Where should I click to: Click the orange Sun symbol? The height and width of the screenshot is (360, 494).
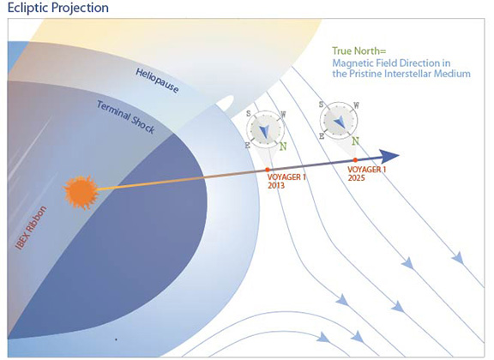coord(81,191)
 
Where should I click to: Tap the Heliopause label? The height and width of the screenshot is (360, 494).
coord(157,81)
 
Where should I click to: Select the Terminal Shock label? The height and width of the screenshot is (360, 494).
coord(125,117)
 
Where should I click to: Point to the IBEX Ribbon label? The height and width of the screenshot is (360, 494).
coord(31,227)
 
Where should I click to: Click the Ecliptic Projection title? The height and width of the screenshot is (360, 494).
coord(58,8)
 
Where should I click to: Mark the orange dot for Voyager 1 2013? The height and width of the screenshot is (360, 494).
coord(268,170)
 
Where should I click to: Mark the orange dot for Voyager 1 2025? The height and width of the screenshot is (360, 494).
coord(355,160)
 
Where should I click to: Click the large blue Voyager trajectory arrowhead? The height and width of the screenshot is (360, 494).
coord(389,156)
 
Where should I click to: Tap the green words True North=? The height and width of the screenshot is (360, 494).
coord(358,51)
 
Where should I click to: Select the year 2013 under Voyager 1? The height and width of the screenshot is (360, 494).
coord(276,185)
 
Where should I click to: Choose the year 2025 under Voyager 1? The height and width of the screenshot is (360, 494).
coord(356,178)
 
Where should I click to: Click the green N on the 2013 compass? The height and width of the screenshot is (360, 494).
coord(283,147)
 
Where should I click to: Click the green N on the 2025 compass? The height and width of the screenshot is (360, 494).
coord(355,141)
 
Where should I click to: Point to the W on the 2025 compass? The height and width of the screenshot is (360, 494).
coord(356,105)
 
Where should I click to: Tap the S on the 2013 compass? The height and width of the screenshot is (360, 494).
coord(249,114)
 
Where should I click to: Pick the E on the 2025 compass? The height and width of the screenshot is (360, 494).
coord(322,136)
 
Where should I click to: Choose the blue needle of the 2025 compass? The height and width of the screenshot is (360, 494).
coord(339,122)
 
